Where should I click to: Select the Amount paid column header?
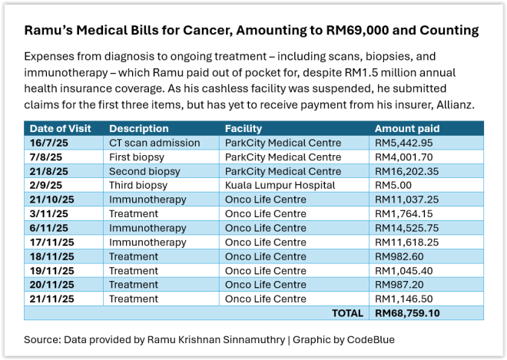[405, 129]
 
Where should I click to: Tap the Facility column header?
[244, 129]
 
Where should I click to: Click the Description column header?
[139, 129]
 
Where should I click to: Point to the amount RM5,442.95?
[404, 143]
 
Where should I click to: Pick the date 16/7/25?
[48, 143]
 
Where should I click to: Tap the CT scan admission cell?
[154, 143]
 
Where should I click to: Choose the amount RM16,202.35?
[407, 171]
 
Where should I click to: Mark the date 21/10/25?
[51, 200]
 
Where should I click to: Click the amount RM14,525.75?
[407, 228]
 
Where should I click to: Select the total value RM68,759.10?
[407, 313]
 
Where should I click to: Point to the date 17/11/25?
[51, 243]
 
